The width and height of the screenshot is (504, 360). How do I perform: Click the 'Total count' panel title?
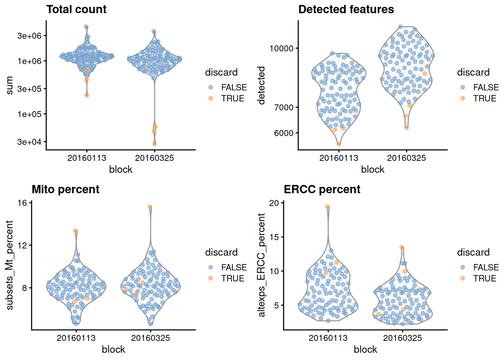point(76,9)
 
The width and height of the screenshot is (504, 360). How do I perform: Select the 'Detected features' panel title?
point(346,9)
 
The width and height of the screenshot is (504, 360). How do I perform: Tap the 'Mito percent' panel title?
point(65,189)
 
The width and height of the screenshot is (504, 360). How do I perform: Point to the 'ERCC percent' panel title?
point(322,189)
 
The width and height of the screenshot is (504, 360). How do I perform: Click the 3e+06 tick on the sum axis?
point(29,36)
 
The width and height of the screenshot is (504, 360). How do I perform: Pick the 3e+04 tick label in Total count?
point(29,142)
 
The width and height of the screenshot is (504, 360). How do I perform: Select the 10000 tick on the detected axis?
point(281,48)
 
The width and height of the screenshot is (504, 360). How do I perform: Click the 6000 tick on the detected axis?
point(284,133)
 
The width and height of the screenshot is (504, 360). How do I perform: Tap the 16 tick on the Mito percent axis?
point(22,203)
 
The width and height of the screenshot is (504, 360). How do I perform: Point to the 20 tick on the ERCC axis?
point(274,203)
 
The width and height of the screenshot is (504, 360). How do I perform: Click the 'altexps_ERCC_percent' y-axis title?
point(261,265)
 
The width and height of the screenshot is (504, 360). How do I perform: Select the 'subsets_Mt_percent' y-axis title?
point(9,265)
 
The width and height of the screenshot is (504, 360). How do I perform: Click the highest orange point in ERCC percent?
point(327,207)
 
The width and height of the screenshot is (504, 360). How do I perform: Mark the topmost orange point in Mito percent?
point(150,207)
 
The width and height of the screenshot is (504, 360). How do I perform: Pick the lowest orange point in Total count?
point(154,144)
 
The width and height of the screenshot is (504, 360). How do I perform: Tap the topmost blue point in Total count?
point(86,27)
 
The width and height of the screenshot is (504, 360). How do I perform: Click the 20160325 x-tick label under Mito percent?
point(150,338)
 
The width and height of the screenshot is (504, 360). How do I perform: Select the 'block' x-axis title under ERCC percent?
point(365,349)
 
